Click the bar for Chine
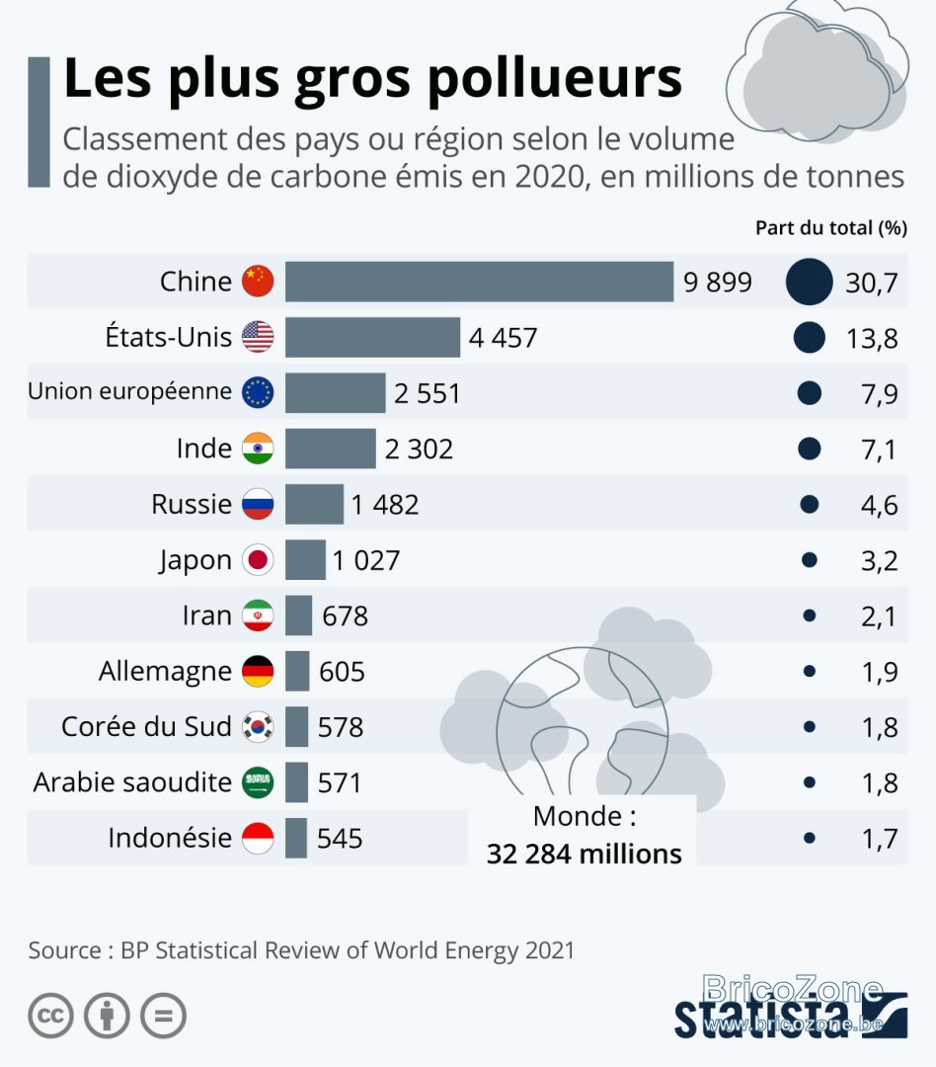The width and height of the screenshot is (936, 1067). tap(479, 281)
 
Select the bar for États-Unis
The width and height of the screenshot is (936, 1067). tap(372, 337)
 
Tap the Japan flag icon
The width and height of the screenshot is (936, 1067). tap(258, 559)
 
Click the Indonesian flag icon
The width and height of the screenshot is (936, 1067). tap(258, 838)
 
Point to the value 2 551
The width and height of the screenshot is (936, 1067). tap(428, 393)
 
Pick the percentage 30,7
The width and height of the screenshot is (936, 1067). tap(872, 283)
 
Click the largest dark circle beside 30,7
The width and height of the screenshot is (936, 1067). tap(809, 281)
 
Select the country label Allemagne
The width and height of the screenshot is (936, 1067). tap(165, 672)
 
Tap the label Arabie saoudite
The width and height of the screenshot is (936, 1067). tap(132, 781)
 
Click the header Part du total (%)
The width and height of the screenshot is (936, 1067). tap(831, 227)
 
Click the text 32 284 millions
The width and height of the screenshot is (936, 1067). tap(584, 854)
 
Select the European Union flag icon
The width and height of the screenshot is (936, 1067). tap(258, 392)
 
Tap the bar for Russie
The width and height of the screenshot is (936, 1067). tap(314, 504)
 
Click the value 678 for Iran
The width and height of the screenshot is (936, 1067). tap(345, 616)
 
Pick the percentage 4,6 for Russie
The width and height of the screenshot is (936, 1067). tap(879, 505)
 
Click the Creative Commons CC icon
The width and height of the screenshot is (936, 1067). tap(51, 1016)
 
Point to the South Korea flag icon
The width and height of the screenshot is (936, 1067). tap(258, 727)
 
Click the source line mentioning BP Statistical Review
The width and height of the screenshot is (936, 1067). tap(301, 950)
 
